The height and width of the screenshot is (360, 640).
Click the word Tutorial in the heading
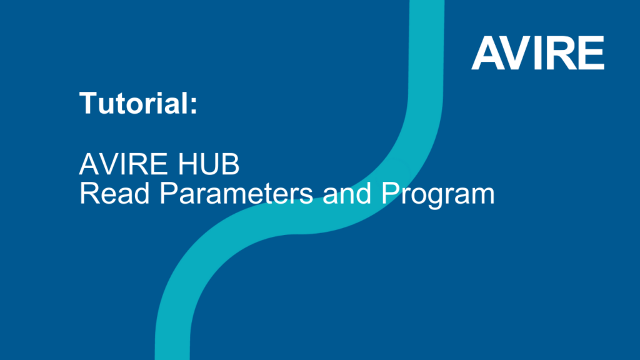pos(133,103)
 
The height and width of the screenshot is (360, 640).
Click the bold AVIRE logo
pos(537,54)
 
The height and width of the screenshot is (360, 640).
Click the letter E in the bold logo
pos(591,54)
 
